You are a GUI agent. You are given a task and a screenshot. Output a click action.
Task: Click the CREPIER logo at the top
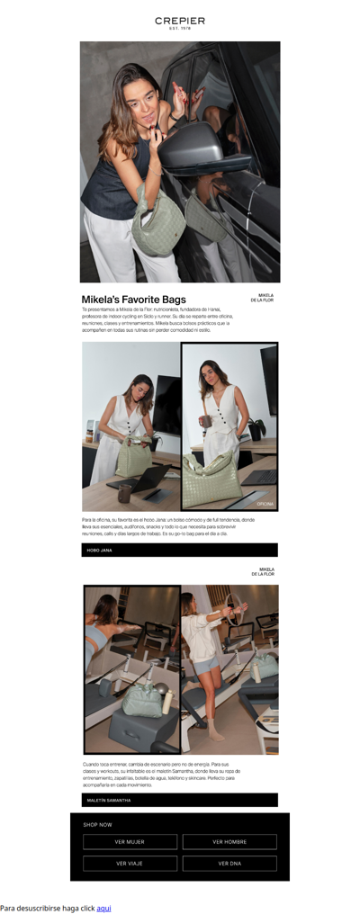tap(180, 20)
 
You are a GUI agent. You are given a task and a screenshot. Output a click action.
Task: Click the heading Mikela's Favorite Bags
tap(133, 300)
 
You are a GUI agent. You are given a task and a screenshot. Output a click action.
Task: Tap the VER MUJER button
tap(130, 842)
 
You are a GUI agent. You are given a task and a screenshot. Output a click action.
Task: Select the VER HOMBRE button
tap(229, 842)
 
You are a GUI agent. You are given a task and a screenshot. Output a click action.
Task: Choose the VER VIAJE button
tap(130, 864)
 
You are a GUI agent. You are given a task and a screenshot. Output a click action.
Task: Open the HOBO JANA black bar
tap(180, 550)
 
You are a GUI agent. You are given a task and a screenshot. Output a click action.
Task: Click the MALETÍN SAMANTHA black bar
tap(180, 800)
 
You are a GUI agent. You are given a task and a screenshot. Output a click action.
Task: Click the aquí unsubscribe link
tap(103, 909)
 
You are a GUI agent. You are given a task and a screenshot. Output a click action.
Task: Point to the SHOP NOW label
tap(98, 824)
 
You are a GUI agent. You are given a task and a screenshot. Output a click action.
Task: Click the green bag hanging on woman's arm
tap(157, 225)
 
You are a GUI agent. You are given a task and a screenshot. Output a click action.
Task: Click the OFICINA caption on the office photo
tap(265, 504)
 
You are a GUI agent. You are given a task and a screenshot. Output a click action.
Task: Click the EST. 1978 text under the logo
tap(180, 29)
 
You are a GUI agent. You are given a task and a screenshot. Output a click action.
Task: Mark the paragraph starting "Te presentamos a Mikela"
tap(157, 319)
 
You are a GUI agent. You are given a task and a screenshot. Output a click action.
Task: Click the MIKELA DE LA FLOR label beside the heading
tap(262, 298)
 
